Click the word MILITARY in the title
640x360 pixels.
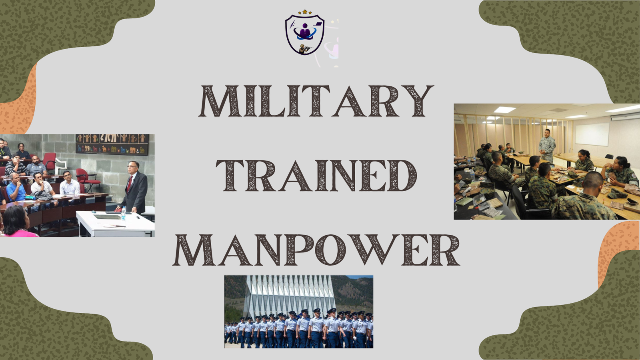coord(316,101)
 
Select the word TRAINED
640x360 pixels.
coord(316,176)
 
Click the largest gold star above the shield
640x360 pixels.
coord(305,12)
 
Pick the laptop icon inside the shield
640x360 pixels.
coord(318,24)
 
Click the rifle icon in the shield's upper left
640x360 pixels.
coord(292,24)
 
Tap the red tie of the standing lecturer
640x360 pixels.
coord(130,184)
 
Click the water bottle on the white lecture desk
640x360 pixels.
coord(123,214)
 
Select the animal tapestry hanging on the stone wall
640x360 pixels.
coord(112,144)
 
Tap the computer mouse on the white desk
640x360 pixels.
coord(94,212)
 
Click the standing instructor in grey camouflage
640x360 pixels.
coord(547,146)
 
